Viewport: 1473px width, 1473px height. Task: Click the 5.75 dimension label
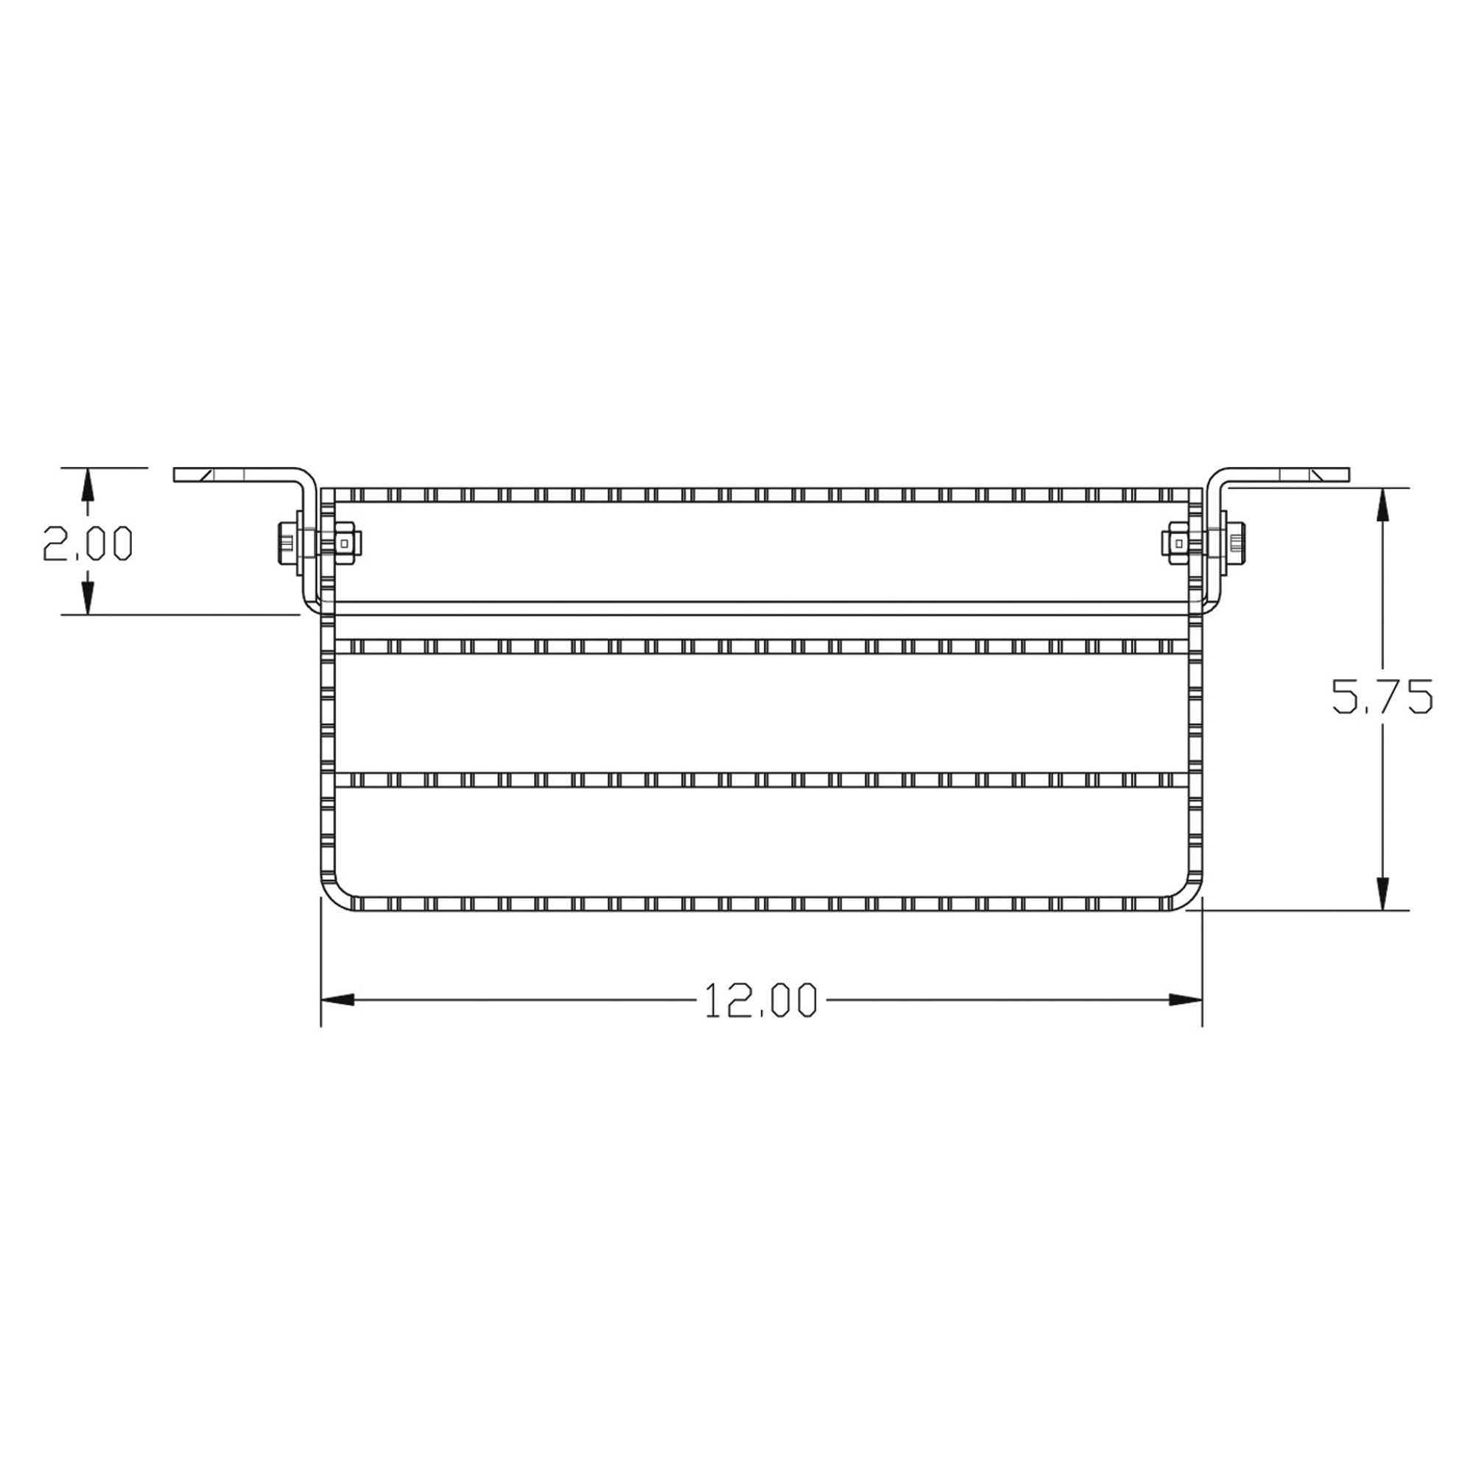(1382, 696)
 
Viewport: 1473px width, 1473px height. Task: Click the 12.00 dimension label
(760, 1001)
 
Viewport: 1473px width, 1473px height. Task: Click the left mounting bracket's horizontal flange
(236, 474)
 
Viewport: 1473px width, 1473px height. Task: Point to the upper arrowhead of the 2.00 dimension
(88, 484)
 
